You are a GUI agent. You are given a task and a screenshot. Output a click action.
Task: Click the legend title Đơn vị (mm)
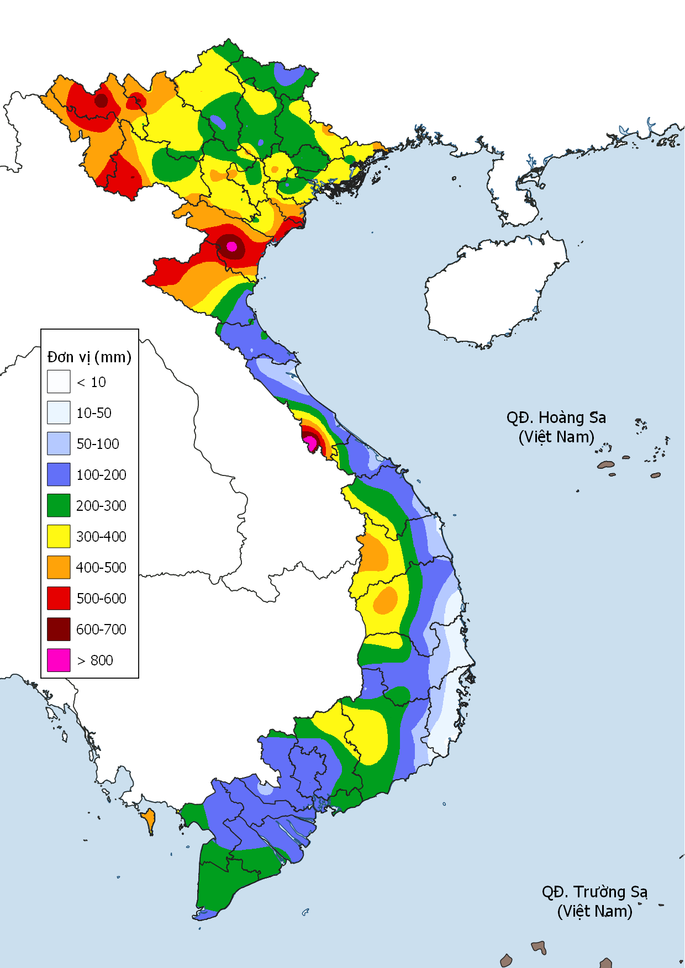(x=89, y=357)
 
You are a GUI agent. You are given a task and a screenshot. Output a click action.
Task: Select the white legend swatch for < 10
(x=59, y=382)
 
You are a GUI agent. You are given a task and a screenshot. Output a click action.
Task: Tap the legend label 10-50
(x=94, y=413)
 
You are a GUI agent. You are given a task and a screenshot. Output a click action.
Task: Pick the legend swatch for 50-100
(x=59, y=443)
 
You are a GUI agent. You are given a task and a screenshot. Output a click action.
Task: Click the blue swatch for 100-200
(x=59, y=474)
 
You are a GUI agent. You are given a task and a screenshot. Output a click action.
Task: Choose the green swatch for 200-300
(x=59, y=505)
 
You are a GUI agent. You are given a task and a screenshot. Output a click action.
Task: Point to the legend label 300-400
(x=101, y=537)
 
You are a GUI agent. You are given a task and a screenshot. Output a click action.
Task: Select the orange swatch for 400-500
(x=59, y=567)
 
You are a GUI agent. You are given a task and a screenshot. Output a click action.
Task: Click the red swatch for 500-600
(x=59, y=598)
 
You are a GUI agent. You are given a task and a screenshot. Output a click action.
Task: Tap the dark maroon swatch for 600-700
(x=59, y=629)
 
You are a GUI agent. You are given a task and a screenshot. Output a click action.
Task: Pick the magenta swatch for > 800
(x=59, y=660)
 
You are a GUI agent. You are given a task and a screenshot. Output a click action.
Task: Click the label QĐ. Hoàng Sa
(x=556, y=418)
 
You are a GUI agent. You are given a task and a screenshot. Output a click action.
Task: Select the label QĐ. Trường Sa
(x=594, y=892)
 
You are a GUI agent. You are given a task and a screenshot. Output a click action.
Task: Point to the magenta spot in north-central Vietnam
(x=231, y=246)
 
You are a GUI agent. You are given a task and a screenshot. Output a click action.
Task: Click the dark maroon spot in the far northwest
(x=101, y=100)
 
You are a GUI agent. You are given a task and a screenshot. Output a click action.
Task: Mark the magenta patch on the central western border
(x=310, y=442)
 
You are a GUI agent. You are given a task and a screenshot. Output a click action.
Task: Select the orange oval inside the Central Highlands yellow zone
(x=385, y=600)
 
